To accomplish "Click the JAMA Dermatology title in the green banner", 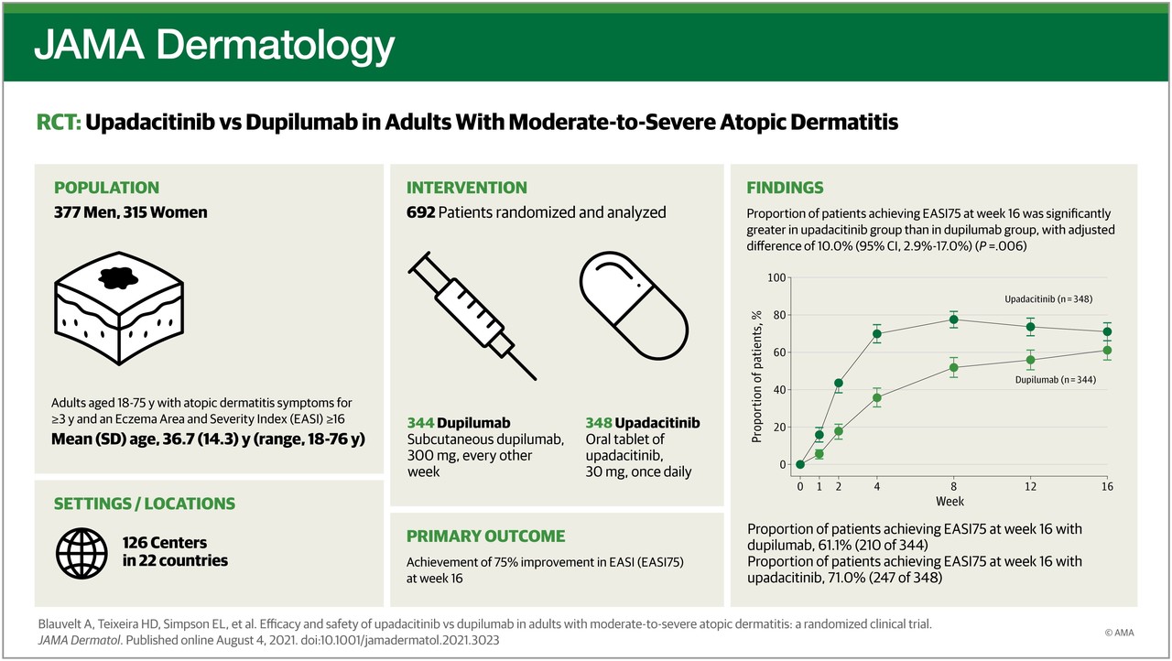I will (214, 44).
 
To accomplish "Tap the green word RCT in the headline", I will (58, 122).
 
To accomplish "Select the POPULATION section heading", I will (106, 188).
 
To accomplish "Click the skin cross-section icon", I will (117, 310).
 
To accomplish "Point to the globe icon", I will (81, 550).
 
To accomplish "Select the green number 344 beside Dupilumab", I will (420, 424).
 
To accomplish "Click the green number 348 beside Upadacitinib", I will (599, 424).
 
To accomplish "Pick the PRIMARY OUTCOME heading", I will (485, 536).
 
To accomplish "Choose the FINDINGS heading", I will (785, 188).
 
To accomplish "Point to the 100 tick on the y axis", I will (776, 277).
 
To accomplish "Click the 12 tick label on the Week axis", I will (1030, 485).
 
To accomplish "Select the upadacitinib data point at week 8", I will (953, 320).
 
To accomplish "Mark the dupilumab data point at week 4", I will (876, 397).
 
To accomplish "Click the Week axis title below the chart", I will (950, 502).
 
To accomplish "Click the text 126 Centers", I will (165, 543).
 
